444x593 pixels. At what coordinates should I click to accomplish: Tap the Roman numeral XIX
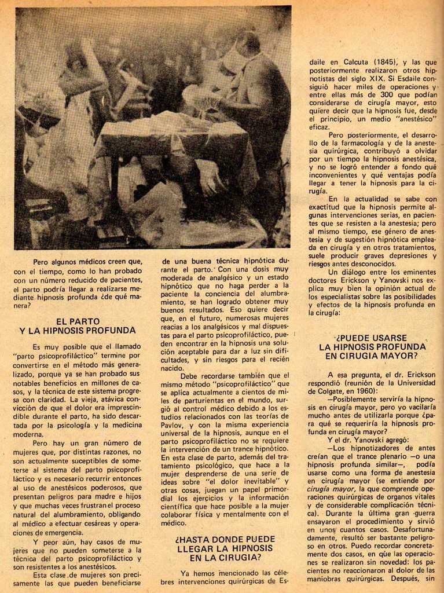(x=377, y=78)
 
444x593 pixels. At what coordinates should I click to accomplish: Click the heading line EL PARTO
(x=78, y=321)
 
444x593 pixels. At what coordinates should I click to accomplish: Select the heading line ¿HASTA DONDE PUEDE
(x=225, y=539)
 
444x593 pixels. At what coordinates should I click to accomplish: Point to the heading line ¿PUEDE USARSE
(x=372, y=338)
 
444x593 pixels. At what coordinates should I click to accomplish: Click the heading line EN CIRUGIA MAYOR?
(x=372, y=356)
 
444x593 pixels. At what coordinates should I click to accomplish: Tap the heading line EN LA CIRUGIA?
(x=225, y=558)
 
